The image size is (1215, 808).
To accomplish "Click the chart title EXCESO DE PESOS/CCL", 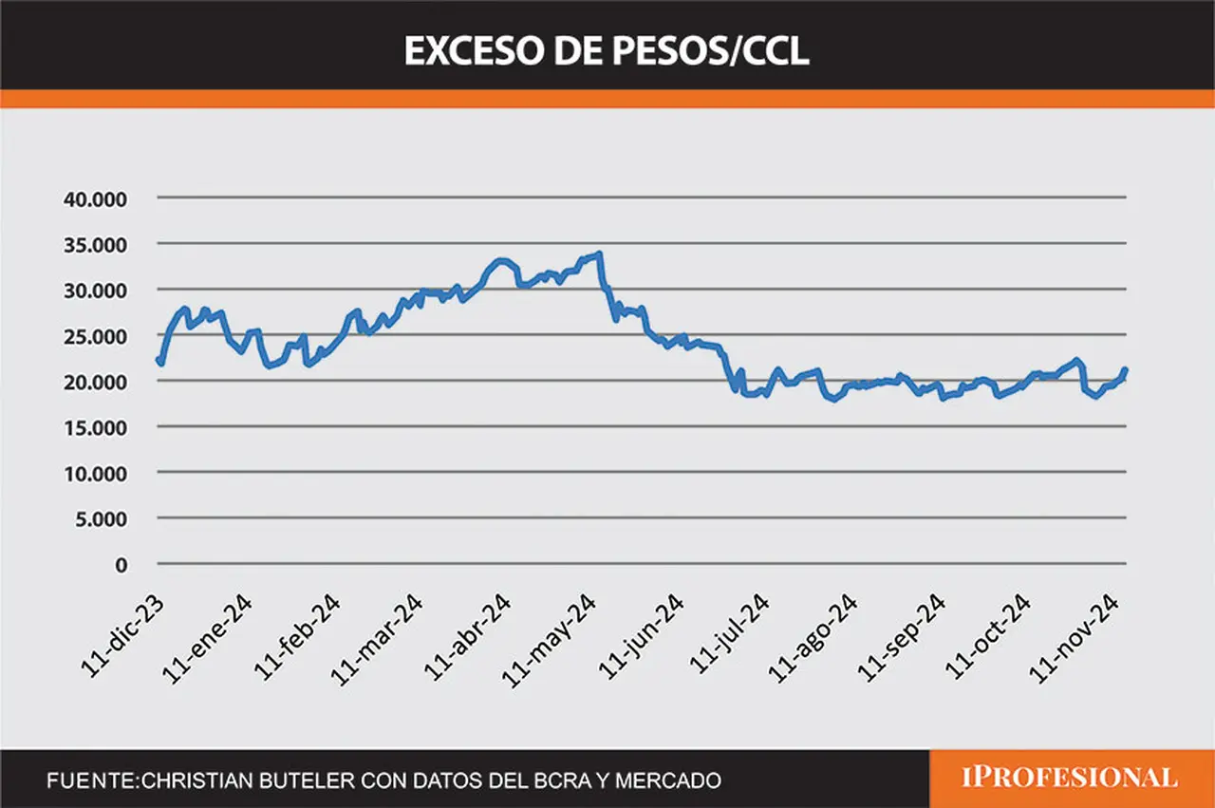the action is coord(607,51).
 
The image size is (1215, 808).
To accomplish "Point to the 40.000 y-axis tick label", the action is coord(96,199).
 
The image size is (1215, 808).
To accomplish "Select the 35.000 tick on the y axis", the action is coord(96,245).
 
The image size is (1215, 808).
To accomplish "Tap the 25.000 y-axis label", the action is coord(96,337).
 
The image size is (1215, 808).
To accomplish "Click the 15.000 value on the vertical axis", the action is coord(96,428).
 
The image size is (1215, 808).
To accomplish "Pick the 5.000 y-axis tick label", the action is coord(101,519).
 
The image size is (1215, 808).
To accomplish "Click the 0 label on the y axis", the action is coord(121,566).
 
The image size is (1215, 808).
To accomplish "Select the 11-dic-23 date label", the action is coord(122,636).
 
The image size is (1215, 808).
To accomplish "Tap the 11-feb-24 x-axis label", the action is coord(297,637).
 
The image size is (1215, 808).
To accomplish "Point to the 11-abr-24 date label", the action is coord(467,637).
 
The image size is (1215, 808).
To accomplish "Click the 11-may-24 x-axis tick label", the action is coord(549,641).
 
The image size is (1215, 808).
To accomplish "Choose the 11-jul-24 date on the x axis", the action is coord(730,634).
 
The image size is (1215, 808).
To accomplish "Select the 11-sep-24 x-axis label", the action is coord(901,638).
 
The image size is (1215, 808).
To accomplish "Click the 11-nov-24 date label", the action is coord(1074,638).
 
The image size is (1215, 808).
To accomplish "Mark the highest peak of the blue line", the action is coord(599,254).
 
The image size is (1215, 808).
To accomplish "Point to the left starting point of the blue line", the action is coord(159,359).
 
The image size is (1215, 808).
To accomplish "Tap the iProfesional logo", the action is coord(1070,778).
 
